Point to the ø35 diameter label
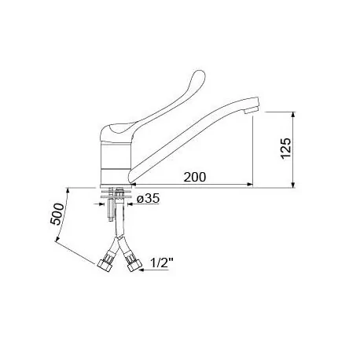(149, 200)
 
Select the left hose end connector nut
(105, 261)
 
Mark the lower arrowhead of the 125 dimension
(292, 185)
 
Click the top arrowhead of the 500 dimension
(68, 191)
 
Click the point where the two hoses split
(120, 236)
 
